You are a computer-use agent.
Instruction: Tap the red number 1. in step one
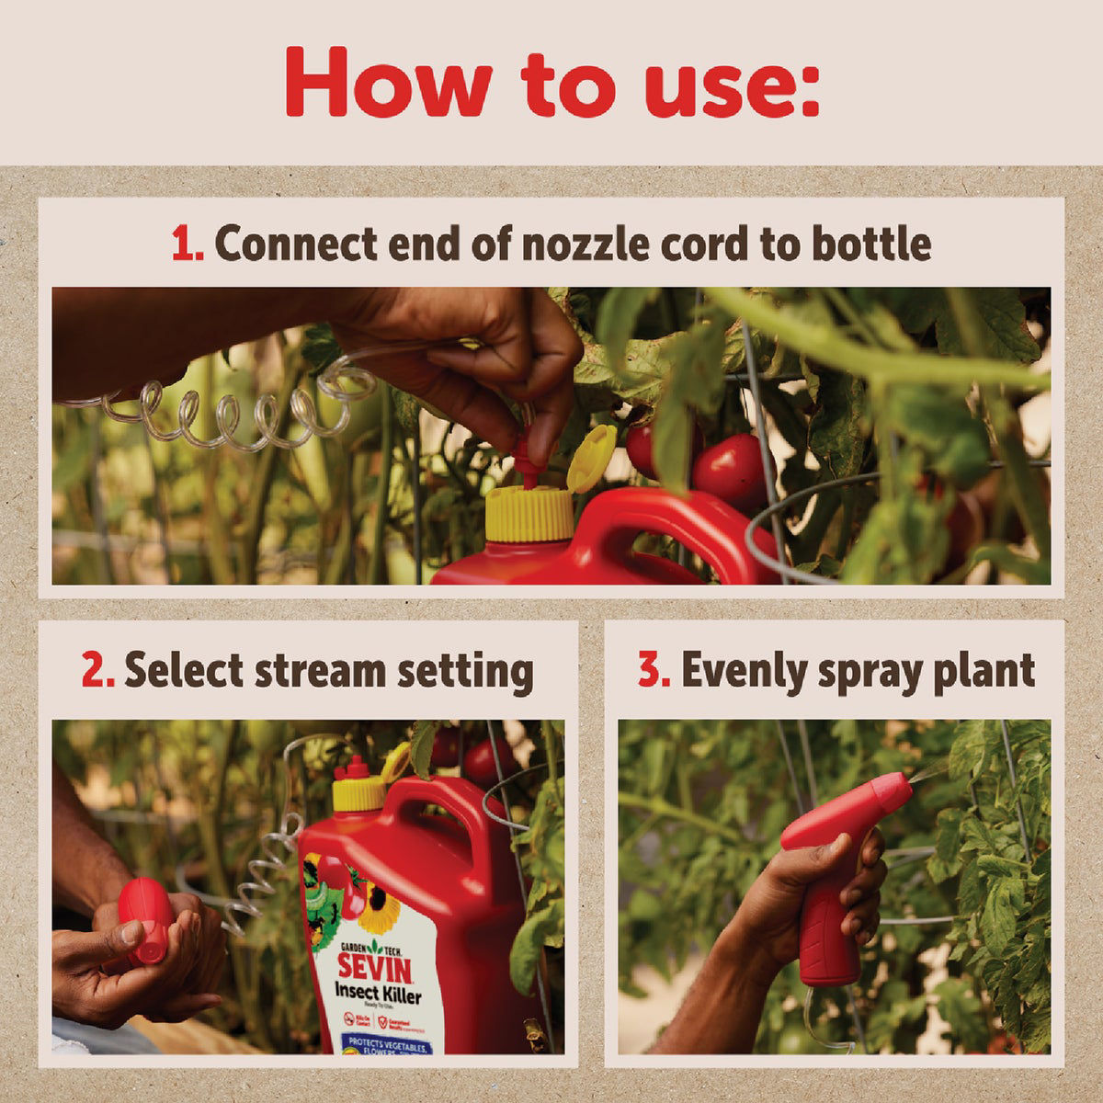click(188, 244)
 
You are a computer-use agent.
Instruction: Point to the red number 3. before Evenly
click(654, 671)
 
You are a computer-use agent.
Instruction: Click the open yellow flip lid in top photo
click(590, 457)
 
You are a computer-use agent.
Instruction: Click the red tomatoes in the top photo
click(726, 469)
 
